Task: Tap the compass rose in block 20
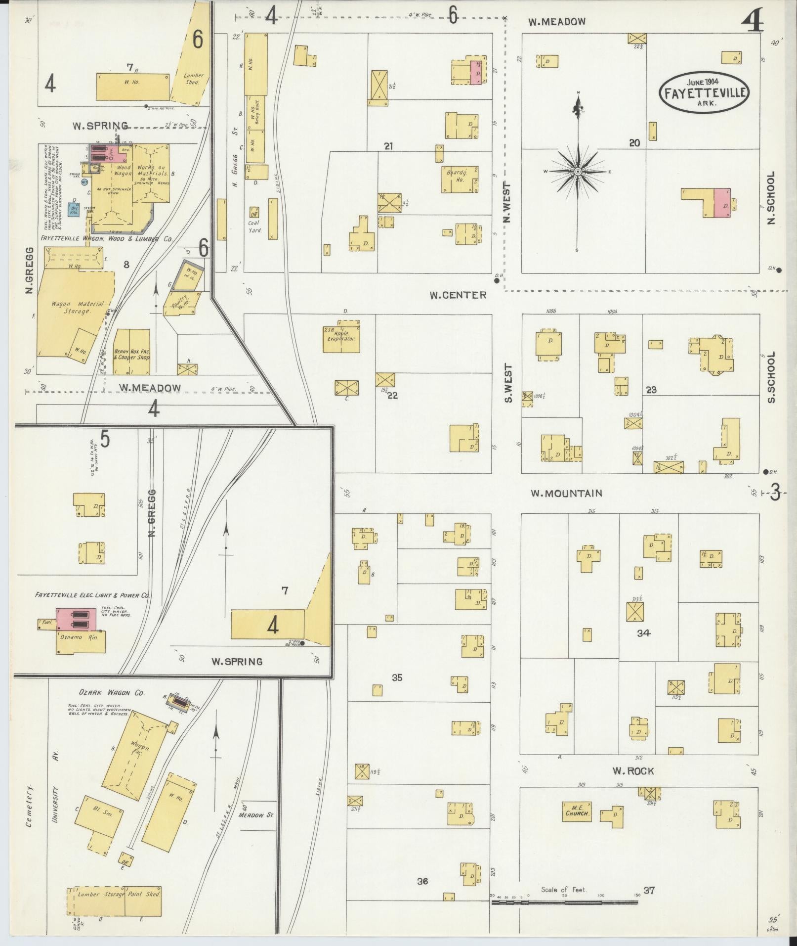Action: coord(578,172)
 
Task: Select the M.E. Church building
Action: coord(577,811)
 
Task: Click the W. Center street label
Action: coord(458,295)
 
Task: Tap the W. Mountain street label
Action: coord(566,493)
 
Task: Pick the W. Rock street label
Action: coord(633,770)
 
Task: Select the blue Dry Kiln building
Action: coord(75,209)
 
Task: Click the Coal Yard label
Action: coord(254,226)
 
